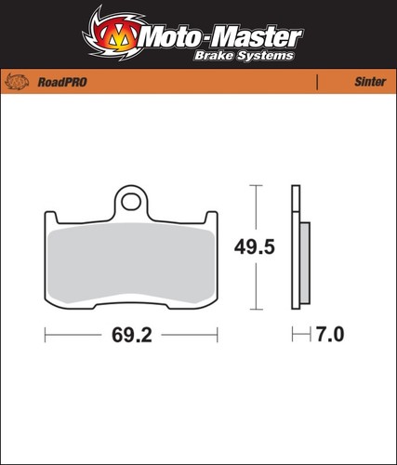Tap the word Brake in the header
pos(214,56)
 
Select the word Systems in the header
pos(265,56)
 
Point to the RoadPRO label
pos(62,82)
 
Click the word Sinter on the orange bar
pos(370,82)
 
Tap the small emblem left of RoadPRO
pos(17,82)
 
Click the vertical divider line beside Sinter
pos(317,82)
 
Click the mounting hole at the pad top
pos(131,202)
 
